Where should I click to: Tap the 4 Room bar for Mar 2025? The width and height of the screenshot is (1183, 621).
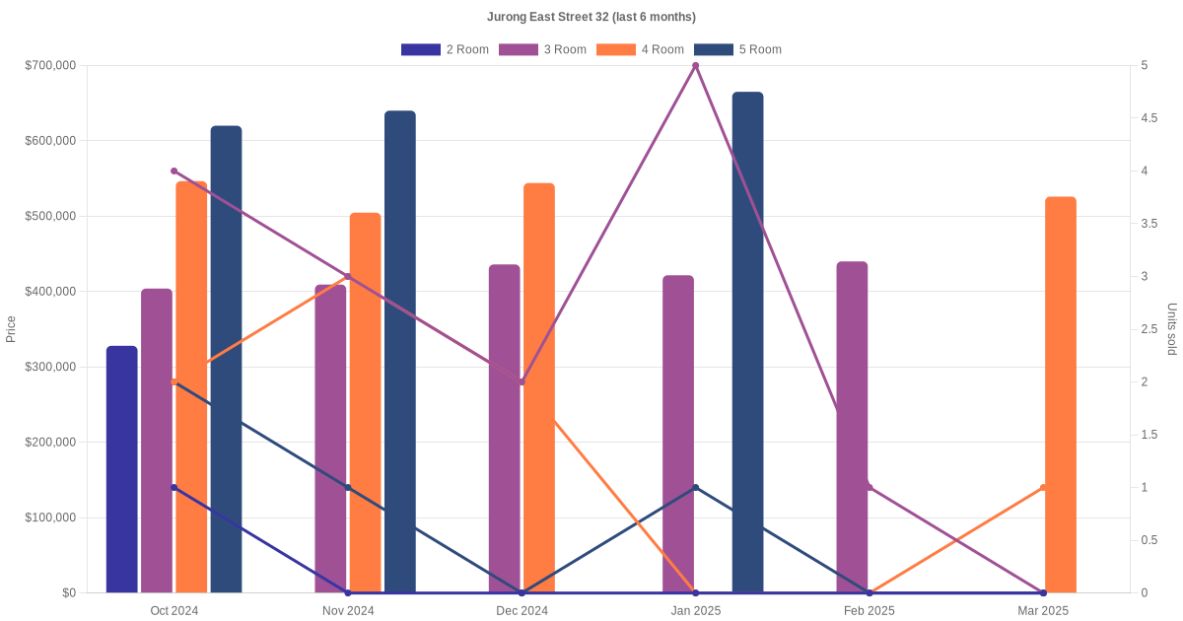tap(1061, 394)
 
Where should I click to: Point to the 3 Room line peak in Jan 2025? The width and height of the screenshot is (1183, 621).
tap(696, 66)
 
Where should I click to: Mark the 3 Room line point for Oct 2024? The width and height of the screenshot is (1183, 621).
tap(174, 172)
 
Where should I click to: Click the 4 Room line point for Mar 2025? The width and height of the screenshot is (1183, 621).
tap(1043, 488)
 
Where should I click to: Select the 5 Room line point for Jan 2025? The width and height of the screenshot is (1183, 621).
tap(696, 488)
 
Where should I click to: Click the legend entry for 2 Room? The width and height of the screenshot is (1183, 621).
tap(445, 49)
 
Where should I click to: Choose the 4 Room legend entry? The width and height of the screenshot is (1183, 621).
tap(640, 49)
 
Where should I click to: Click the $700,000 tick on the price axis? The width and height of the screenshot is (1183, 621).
tap(50, 66)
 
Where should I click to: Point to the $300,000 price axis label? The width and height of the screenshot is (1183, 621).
tap(50, 367)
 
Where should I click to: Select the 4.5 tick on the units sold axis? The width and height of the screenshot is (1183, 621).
tap(1149, 118)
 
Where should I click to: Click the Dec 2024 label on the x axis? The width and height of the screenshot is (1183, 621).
tap(522, 611)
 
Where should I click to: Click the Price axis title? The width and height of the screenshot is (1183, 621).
tap(11, 329)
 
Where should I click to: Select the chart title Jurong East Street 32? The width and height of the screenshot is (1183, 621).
tap(591, 17)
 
